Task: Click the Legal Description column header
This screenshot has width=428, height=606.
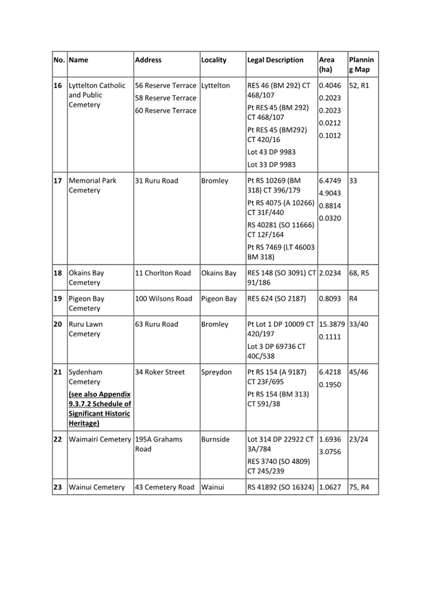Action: click(275, 60)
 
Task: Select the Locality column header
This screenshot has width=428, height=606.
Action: click(214, 60)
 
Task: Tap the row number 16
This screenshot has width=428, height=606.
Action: click(58, 86)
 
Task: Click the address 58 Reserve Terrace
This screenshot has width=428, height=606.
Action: click(165, 98)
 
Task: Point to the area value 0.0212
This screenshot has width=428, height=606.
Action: click(330, 123)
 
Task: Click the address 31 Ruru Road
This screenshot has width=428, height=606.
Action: click(157, 181)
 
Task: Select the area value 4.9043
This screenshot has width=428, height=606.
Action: click(330, 193)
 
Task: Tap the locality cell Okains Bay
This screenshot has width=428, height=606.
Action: click(219, 273)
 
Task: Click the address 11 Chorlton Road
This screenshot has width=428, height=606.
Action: click(163, 273)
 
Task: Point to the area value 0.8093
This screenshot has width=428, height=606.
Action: click(330, 299)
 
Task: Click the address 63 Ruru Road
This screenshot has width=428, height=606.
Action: click(157, 324)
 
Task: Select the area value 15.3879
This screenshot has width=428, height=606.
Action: click(332, 324)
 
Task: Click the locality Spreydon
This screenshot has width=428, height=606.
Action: click(216, 372)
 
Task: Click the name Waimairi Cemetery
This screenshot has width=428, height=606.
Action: click(100, 439)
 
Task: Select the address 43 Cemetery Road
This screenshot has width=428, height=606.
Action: click(165, 487)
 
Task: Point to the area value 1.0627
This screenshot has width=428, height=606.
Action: click(330, 487)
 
